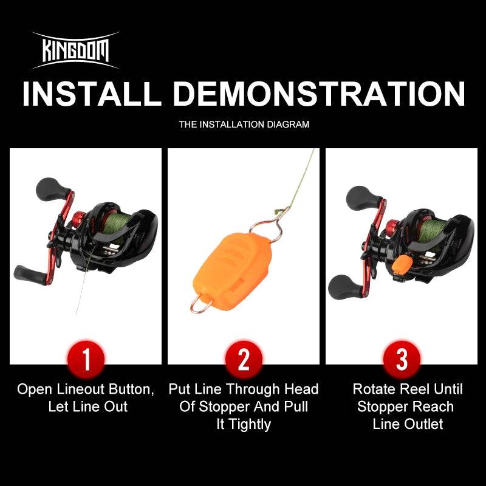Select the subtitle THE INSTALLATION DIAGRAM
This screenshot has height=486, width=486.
244,125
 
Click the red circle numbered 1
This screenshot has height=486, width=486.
86,360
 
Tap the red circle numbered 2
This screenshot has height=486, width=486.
244,360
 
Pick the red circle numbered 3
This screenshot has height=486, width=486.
402,360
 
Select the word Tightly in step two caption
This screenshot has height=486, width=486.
244,424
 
